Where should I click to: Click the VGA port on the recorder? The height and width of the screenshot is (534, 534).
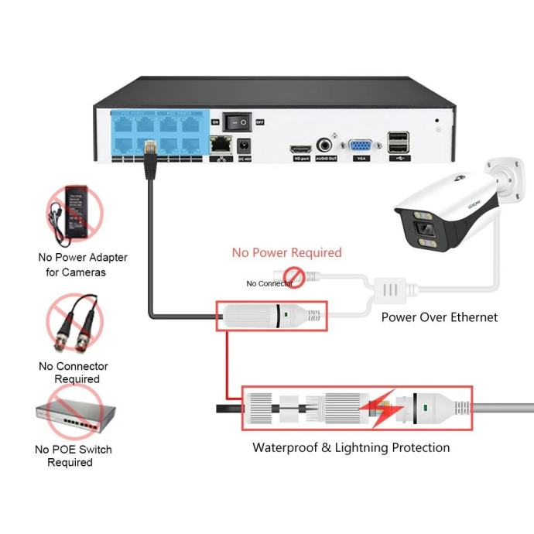359,146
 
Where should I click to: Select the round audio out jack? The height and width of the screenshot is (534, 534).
326,145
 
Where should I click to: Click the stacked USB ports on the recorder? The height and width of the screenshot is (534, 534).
399,143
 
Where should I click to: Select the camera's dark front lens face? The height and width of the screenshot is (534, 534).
425,229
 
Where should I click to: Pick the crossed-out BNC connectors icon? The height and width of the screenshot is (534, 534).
74,322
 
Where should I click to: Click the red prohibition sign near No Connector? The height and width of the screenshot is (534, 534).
293,275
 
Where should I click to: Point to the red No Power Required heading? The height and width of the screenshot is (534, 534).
286,253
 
